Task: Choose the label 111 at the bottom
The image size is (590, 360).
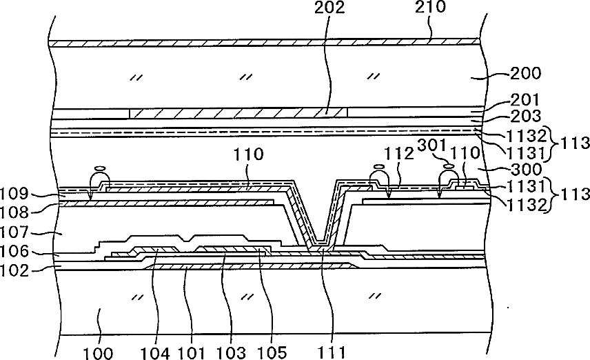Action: tap(335, 352)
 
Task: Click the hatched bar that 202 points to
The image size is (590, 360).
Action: tap(238, 112)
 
